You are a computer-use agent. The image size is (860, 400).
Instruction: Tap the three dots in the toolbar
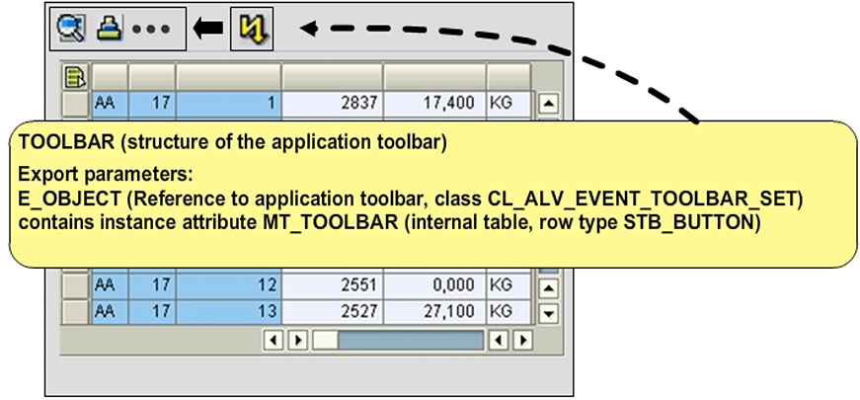coord(150,30)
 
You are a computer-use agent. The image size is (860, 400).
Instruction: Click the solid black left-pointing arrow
coord(207,30)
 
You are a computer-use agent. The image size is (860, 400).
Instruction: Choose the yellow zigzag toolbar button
coord(251,30)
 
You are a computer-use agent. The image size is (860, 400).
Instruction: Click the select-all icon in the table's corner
coord(75,76)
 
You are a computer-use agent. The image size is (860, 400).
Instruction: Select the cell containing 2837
coord(332,103)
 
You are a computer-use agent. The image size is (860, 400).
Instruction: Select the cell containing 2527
coord(332,312)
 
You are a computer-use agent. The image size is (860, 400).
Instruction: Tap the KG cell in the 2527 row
coord(508,312)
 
